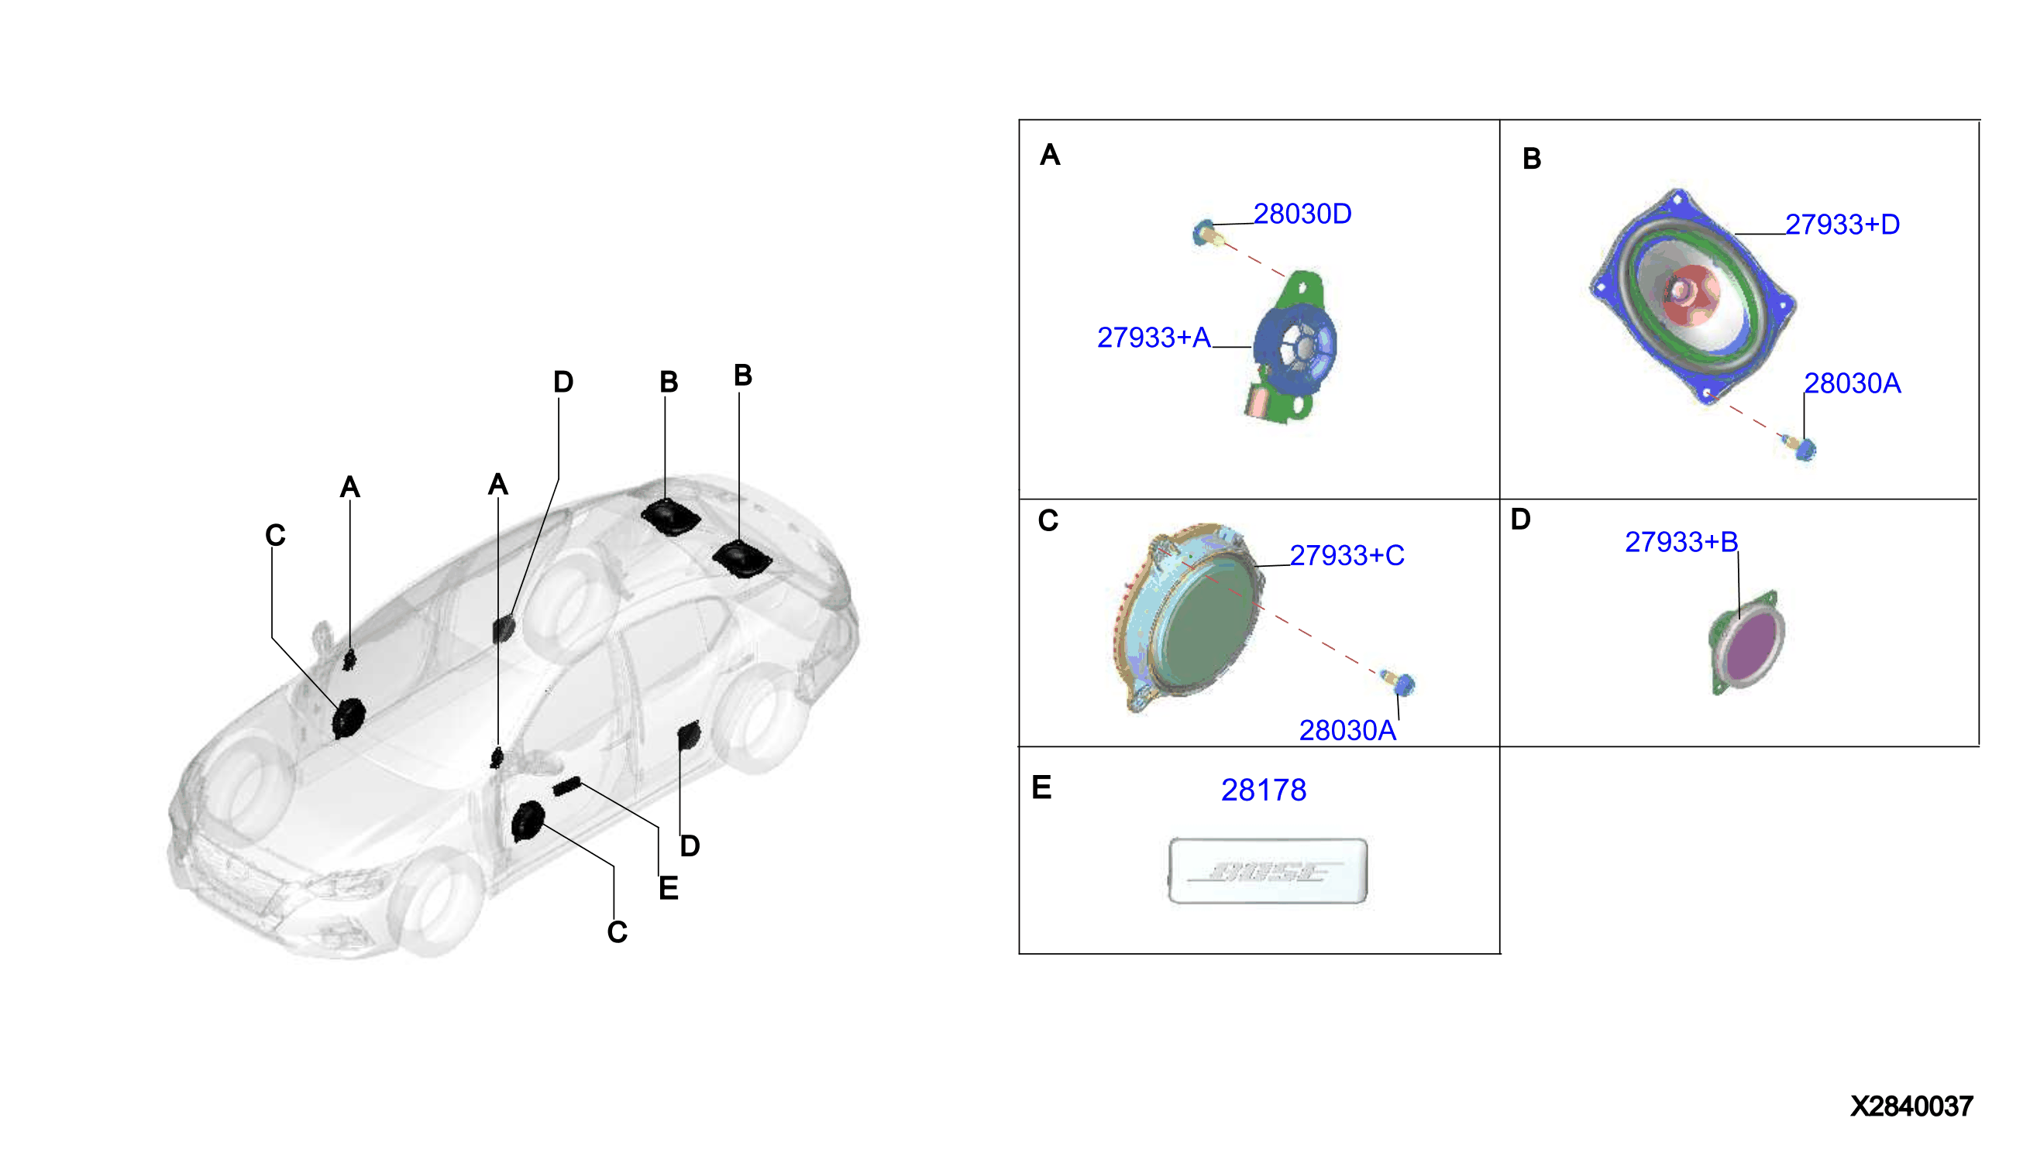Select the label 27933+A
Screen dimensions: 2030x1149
coord(1153,338)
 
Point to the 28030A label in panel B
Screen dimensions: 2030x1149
coord(1852,383)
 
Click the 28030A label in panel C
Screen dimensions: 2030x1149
coord(1347,731)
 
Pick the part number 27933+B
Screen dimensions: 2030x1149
coord(1681,542)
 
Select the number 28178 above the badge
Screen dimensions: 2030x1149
coord(1263,790)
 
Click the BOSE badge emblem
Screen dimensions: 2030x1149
coord(1268,870)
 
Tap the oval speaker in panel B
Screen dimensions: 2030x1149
coord(1692,297)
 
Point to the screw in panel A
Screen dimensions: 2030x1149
coord(1206,234)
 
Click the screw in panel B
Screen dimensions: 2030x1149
coord(1799,447)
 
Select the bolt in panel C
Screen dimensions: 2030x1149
coord(1399,682)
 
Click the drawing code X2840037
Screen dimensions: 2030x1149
coord(1911,1106)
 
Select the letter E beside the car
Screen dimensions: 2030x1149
coord(668,889)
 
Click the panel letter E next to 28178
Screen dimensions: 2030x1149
coord(1041,787)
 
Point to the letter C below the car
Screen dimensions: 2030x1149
coord(618,932)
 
